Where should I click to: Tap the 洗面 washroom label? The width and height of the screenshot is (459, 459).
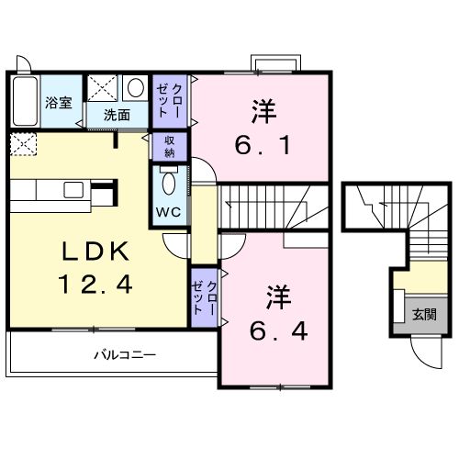click(116, 116)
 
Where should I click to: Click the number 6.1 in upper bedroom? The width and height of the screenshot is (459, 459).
click(261, 144)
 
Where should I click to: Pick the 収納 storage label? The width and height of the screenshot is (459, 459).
click(170, 146)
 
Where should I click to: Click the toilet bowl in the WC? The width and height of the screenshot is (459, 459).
click(167, 184)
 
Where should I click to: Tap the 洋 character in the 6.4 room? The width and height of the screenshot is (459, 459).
click(279, 296)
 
